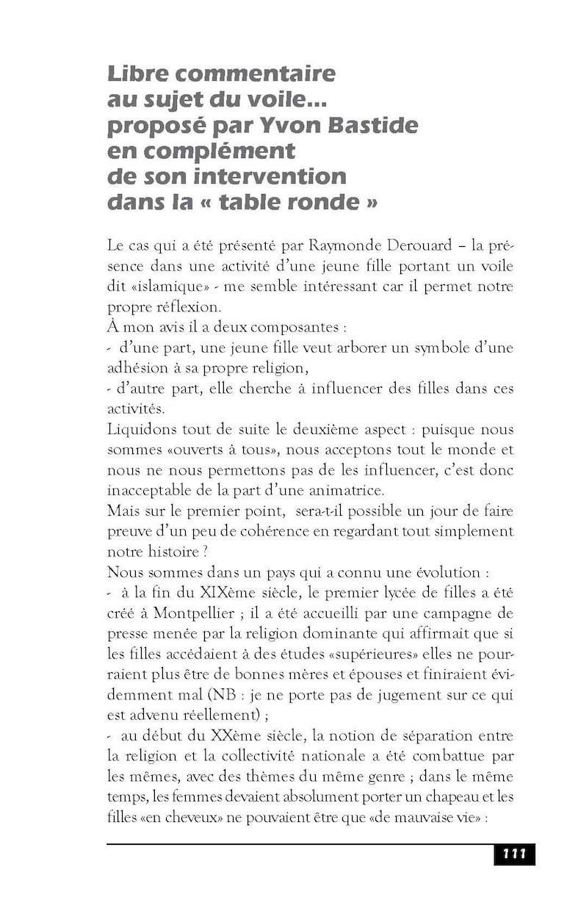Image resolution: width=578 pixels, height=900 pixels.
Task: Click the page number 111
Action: tap(514, 854)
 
